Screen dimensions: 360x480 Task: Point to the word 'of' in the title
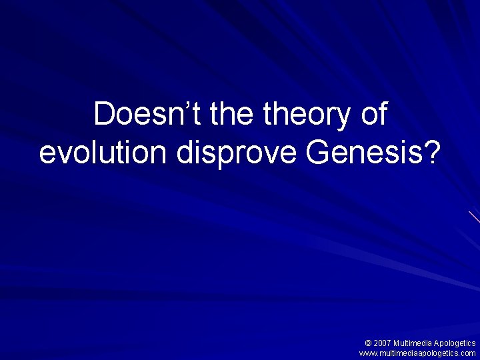click(373, 115)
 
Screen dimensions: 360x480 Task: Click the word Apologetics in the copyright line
click(454, 343)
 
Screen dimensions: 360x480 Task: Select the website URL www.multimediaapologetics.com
click(417, 353)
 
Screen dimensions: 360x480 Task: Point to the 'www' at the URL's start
click(367, 353)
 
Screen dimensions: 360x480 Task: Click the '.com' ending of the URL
click(467, 353)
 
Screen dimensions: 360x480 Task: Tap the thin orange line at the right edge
click(475, 217)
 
